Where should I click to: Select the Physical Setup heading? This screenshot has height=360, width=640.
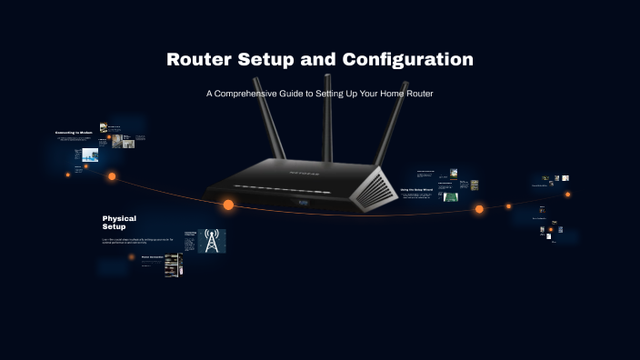tap(119, 222)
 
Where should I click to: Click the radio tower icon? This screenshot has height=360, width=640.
tap(212, 241)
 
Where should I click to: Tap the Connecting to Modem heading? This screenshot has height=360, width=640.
tap(74, 133)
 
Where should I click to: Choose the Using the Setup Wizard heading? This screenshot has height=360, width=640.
tap(416, 189)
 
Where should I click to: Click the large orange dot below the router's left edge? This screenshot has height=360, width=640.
tap(228, 205)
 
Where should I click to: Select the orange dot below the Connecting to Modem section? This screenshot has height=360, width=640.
tap(112, 176)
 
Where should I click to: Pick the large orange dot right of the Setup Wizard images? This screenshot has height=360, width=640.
tap(479, 209)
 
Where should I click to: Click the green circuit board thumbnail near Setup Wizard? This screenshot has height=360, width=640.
tap(451, 195)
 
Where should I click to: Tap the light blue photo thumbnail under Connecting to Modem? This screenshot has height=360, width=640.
tap(90, 155)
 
